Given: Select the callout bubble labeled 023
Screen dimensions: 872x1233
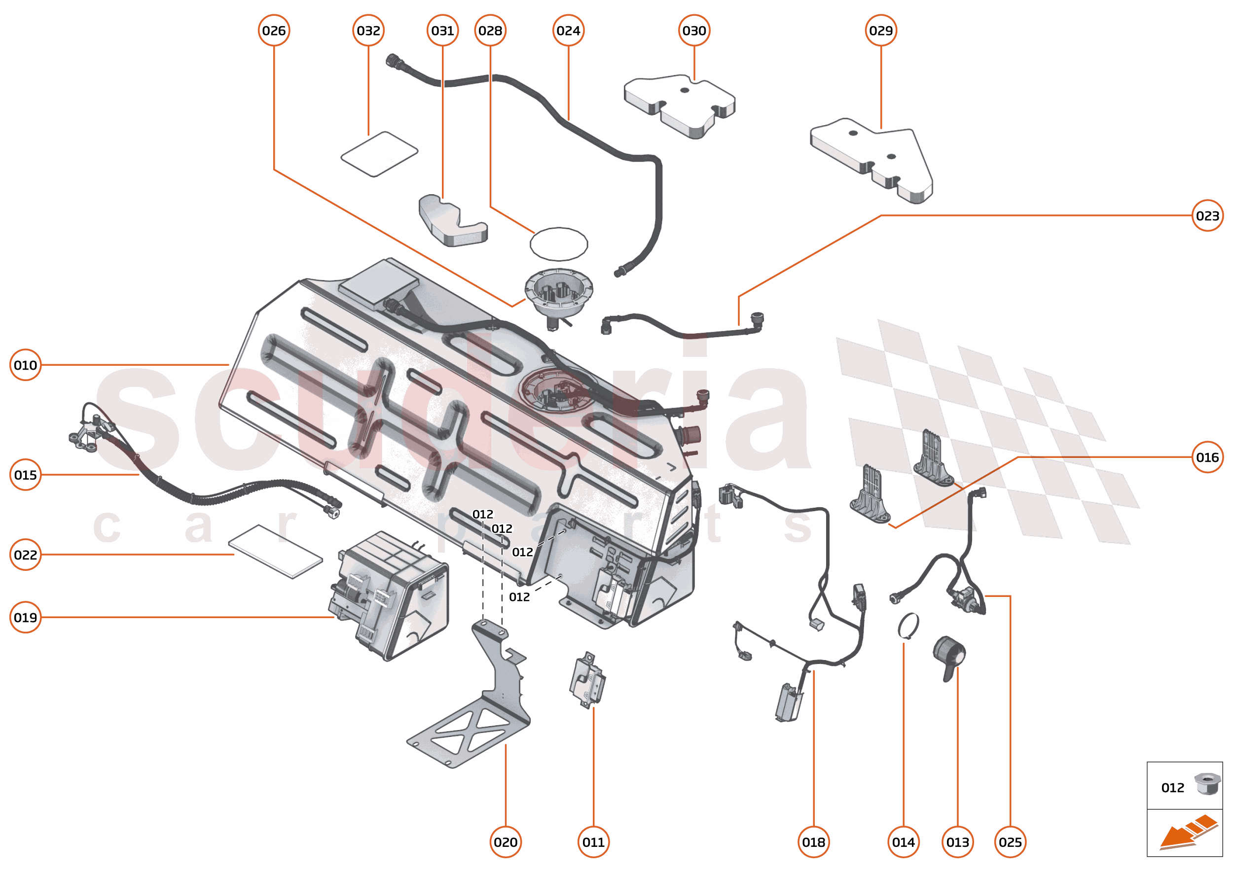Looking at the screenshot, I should [1207, 215].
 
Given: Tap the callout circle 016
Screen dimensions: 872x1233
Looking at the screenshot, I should [1207, 457].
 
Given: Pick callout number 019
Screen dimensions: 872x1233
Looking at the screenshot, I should [25, 617].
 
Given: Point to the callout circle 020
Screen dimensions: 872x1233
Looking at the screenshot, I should [505, 841].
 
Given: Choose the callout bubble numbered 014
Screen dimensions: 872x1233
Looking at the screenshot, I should [903, 841].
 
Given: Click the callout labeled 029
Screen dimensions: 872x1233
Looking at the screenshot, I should [880, 31].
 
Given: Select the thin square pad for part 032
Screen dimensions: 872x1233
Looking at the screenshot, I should [379, 154].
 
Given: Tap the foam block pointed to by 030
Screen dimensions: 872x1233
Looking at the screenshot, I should [679, 105].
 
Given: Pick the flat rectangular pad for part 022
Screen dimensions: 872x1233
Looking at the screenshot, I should [276, 551].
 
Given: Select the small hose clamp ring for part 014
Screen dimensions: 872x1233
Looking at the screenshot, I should [908, 626].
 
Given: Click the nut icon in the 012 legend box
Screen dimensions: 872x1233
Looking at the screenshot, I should [1207, 784].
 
